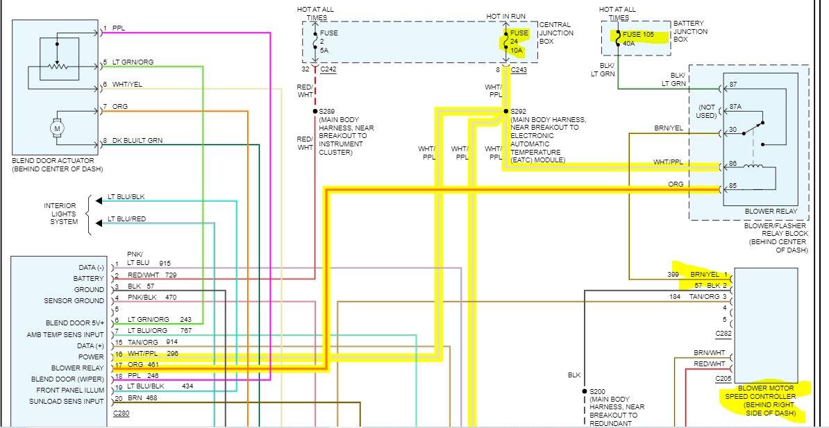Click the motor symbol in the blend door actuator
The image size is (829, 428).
[x=58, y=128]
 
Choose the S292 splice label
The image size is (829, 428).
[x=519, y=111]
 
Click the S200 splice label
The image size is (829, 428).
[x=599, y=391]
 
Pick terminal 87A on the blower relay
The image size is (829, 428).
[x=735, y=108]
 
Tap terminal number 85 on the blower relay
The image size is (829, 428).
[x=732, y=187]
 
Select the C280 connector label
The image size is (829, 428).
[x=121, y=413]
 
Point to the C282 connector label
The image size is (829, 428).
[x=723, y=333]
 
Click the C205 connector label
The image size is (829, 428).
[x=723, y=378]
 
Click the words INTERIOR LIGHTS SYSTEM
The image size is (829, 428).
[x=60, y=214]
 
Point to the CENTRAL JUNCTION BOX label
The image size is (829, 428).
[x=556, y=33]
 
